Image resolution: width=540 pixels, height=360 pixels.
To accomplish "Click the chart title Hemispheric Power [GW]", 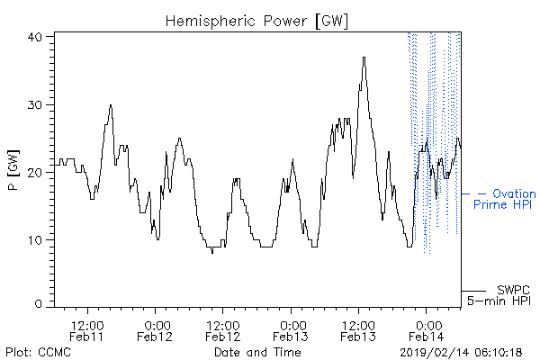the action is pyautogui.click(x=256, y=22).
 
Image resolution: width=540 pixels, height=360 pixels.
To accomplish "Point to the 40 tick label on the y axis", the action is pyautogui.click(x=34, y=37).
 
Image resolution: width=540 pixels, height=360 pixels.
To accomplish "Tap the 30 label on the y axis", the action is pyautogui.click(x=34, y=104).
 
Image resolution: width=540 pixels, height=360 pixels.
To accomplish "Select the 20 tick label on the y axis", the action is pyautogui.click(x=34, y=172).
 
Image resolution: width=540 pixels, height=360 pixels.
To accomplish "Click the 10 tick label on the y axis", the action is pyautogui.click(x=35, y=240).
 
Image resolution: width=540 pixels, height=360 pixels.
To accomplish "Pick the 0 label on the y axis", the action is pyautogui.click(x=39, y=304).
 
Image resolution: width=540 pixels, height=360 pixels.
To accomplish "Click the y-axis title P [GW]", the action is pyautogui.click(x=13, y=170).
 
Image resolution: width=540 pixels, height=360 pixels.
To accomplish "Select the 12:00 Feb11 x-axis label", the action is pyautogui.click(x=86, y=331).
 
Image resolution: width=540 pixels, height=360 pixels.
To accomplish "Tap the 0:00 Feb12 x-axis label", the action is pyautogui.click(x=155, y=331).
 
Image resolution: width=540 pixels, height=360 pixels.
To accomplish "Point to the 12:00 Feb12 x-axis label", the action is pyautogui.click(x=222, y=331).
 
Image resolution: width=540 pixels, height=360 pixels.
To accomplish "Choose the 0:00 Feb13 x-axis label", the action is pyautogui.click(x=291, y=331).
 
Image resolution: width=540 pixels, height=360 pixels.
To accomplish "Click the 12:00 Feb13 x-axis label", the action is pyautogui.click(x=358, y=331).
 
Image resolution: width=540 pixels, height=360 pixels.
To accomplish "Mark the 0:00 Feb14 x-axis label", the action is pyautogui.click(x=427, y=331).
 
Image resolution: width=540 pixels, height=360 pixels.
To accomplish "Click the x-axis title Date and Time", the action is pyautogui.click(x=257, y=353).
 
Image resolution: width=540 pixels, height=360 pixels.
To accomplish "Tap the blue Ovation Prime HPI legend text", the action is pyautogui.click(x=505, y=199).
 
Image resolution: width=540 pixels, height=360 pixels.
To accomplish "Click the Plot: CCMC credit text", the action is pyautogui.click(x=38, y=353).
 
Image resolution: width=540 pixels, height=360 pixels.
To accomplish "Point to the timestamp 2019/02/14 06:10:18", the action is pyautogui.click(x=461, y=353).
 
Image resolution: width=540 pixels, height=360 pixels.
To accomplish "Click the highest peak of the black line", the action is pyautogui.click(x=364, y=58).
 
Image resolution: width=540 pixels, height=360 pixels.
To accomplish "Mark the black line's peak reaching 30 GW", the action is pyautogui.click(x=111, y=105).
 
